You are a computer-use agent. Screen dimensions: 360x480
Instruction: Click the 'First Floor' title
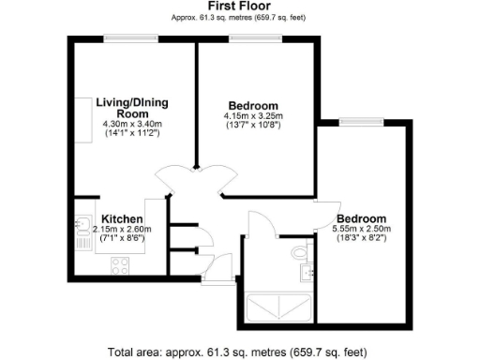[239, 7]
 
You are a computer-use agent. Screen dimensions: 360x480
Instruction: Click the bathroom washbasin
[307, 273]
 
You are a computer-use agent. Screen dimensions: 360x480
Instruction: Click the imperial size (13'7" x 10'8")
[253, 125]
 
